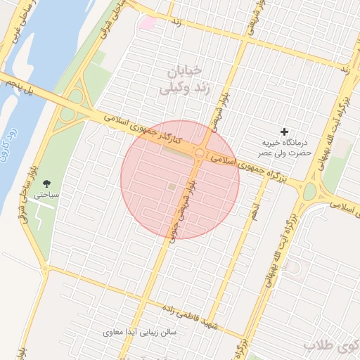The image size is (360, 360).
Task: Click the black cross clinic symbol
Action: pyautogui.click(x=285, y=131)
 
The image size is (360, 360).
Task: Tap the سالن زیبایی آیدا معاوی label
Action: pyautogui.click(x=140, y=331)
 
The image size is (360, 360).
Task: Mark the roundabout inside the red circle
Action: pyautogui.click(x=200, y=153)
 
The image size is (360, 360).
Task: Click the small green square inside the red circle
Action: pyautogui.click(x=172, y=186)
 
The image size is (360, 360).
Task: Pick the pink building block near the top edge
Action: pyautogui.click(x=146, y=23)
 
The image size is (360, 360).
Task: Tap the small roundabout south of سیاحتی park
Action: pyautogui.click(x=44, y=268)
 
